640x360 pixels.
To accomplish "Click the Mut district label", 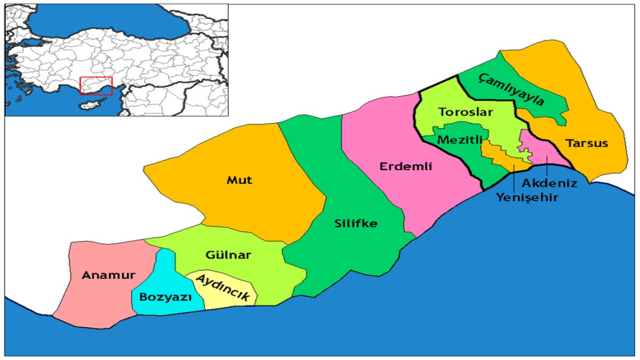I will (x=239, y=180).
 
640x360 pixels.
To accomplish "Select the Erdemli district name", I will (x=405, y=166).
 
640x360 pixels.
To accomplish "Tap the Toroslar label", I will (x=466, y=113).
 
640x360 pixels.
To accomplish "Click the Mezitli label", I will (x=459, y=140).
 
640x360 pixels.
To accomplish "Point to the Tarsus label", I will (x=588, y=143).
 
